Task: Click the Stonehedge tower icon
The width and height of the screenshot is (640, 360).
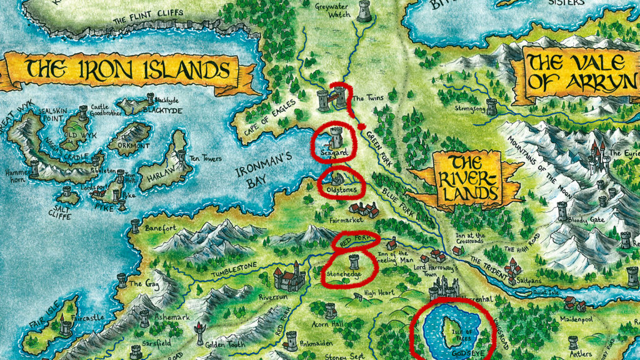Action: pos(353,262)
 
